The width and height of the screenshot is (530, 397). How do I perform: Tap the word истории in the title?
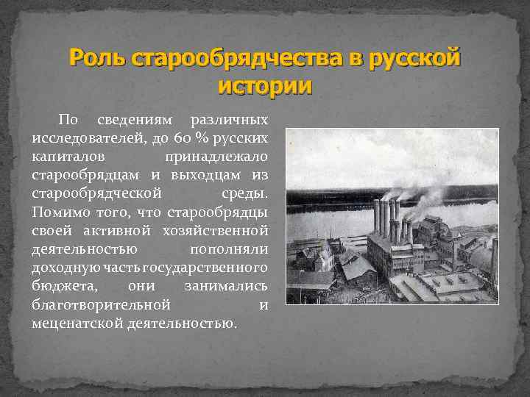click(x=265, y=85)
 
